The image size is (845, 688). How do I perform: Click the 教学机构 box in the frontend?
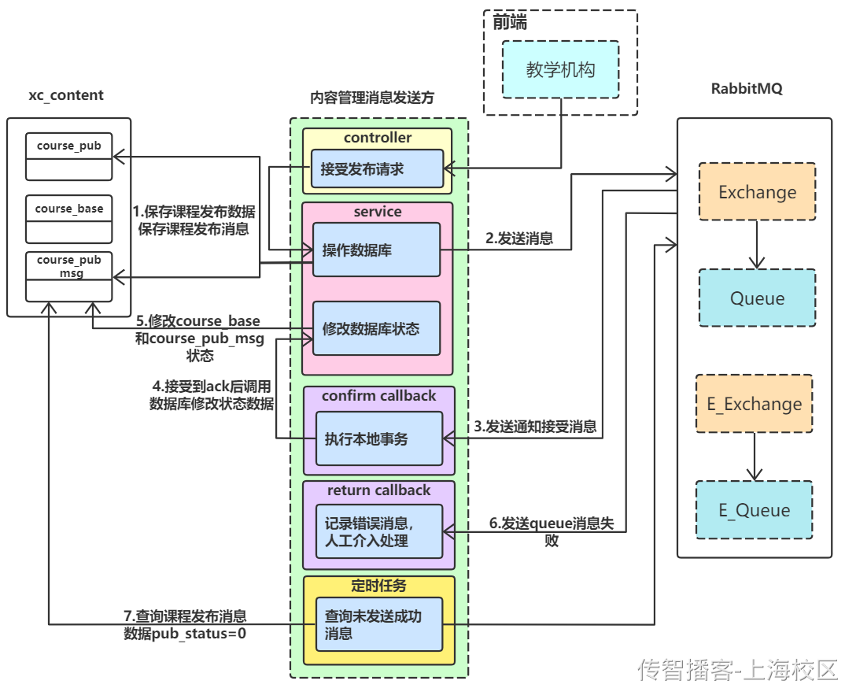(560, 70)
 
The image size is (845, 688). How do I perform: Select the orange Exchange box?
(757, 192)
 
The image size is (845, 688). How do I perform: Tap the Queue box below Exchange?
(757, 298)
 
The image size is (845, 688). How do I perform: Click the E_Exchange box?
(754, 404)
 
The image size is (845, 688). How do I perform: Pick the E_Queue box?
(754, 510)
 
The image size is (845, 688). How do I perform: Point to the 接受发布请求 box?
(377, 168)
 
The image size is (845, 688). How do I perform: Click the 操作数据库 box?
(376, 250)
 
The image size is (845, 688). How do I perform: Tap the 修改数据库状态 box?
(376, 329)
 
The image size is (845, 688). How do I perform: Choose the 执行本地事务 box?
(379, 438)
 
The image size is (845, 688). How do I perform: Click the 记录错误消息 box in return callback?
(379, 531)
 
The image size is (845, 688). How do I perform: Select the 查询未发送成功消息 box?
(379, 624)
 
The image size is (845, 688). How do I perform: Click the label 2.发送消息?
(518, 239)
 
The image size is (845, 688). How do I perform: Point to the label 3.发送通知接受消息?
(535, 427)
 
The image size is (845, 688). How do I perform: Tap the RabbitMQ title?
(746, 89)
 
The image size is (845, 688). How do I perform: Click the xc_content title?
(66, 95)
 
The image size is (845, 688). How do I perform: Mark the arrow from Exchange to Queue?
(757, 245)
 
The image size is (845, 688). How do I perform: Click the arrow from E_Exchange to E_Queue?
(754, 457)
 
